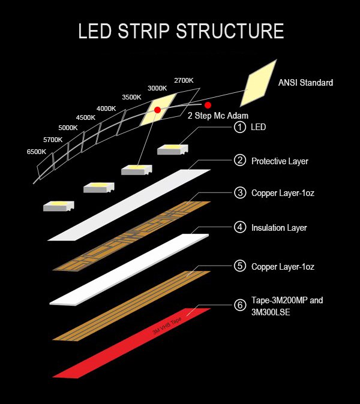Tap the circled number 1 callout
(241, 127)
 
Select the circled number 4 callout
(241, 228)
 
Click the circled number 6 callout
(241, 306)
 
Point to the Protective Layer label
(280, 161)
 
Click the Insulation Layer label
(279, 228)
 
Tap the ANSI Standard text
(305, 83)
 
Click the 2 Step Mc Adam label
(218, 115)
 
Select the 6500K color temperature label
(37, 152)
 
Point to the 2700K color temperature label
(184, 80)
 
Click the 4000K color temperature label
(106, 108)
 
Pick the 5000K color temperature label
(68, 128)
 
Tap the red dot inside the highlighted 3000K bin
(158, 110)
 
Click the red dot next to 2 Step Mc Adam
(208, 105)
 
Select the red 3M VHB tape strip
(132, 342)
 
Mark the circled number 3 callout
(241, 193)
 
